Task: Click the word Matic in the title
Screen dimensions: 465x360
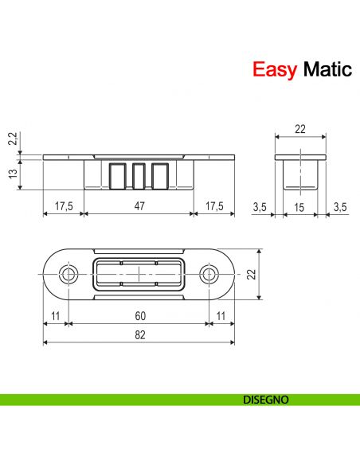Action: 324,70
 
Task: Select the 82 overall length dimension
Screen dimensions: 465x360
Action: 139,336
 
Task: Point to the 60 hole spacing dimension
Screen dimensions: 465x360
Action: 139,316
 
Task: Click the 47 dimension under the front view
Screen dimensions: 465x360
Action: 139,206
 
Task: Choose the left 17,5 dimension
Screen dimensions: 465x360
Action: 63,206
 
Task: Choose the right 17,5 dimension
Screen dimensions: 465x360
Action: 215,206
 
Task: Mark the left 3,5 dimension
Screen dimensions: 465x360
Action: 258,206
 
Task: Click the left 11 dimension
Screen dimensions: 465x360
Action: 54,316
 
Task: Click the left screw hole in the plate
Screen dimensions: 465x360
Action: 68,275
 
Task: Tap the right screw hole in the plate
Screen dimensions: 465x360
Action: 210,275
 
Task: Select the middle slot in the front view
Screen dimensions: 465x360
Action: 139,174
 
